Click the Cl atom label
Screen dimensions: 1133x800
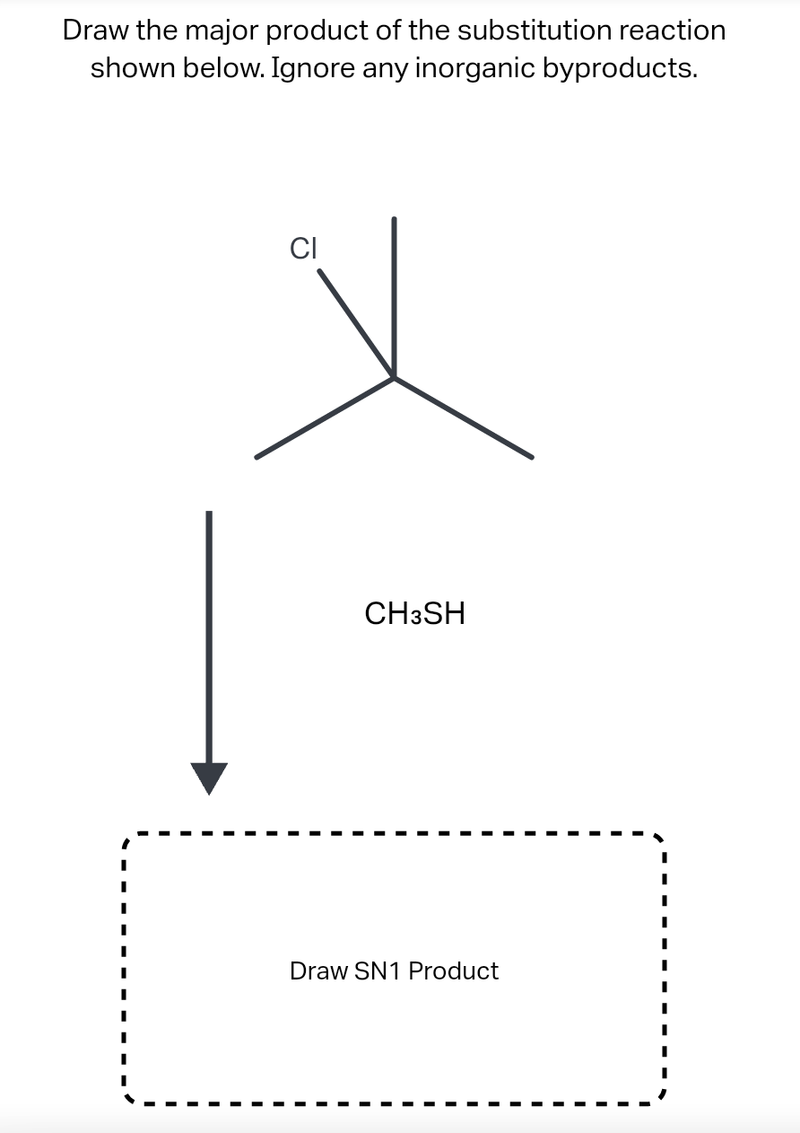tap(303, 248)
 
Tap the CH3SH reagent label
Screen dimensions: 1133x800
tap(414, 614)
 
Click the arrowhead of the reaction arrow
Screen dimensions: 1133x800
tap(209, 777)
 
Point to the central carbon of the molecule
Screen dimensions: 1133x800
tap(394, 377)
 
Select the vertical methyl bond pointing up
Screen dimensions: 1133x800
tap(394, 296)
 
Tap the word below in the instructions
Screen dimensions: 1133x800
tap(217, 68)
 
